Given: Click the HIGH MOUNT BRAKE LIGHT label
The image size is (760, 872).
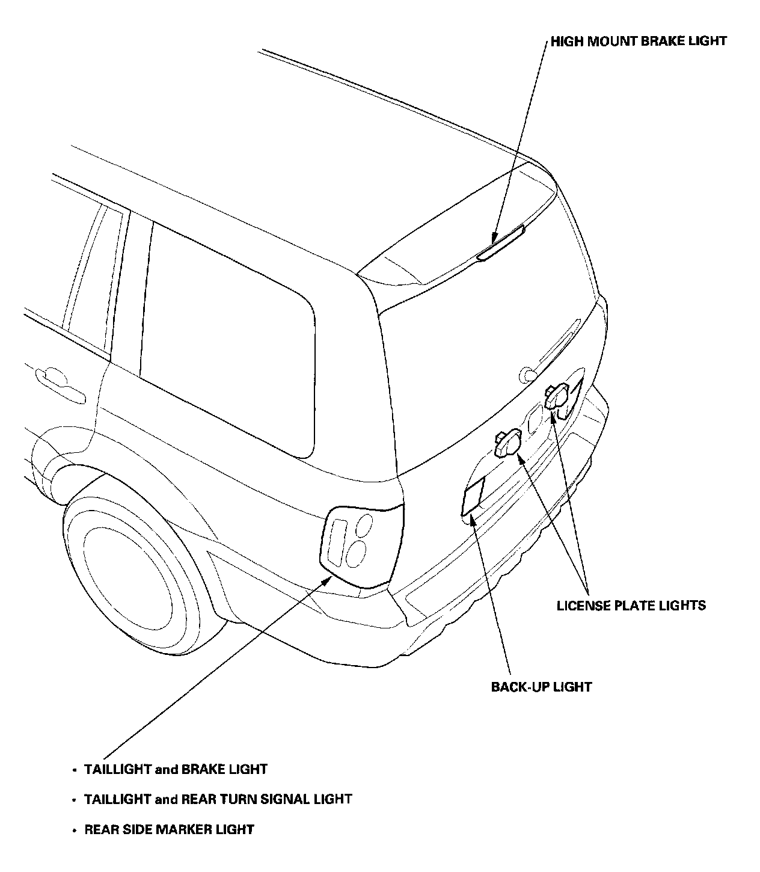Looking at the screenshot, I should click(639, 41).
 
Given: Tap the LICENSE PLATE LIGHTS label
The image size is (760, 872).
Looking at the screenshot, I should click(631, 605).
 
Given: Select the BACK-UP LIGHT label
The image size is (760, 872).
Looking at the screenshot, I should click(541, 687).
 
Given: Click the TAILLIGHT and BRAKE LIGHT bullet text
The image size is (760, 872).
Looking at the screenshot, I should click(176, 769).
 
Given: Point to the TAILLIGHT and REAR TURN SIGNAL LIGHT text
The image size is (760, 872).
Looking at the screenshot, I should click(218, 799).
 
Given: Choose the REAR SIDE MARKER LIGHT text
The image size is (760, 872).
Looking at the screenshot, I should click(169, 830).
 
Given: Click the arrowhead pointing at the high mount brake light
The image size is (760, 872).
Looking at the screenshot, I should click(494, 238).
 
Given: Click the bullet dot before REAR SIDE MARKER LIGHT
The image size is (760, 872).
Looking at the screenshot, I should click(74, 831).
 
